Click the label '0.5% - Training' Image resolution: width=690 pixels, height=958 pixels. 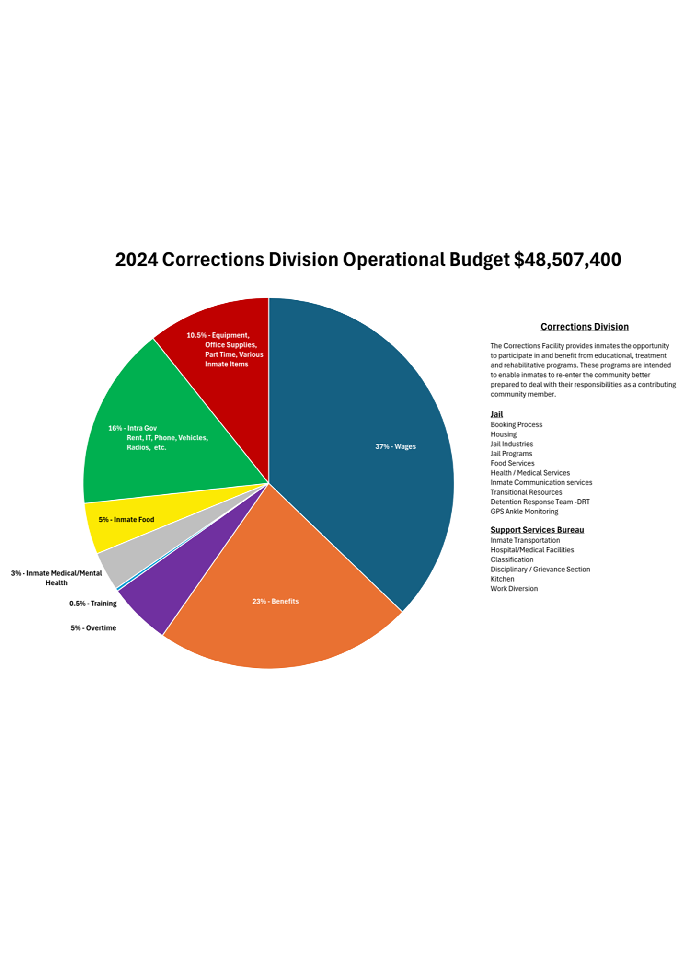[93, 604]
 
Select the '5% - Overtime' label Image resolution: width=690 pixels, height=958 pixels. [93, 628]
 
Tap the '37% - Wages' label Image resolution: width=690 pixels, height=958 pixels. [395, 446]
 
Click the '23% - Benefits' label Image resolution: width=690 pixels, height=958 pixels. [276, 601]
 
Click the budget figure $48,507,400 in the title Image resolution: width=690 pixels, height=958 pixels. [567, 260]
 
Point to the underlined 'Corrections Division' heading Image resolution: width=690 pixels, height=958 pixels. [585, 327]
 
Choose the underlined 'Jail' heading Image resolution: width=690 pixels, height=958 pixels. [496, 414]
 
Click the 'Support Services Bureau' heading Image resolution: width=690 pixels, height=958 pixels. [537, 530]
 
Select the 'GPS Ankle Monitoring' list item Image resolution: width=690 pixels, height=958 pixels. [524, 512]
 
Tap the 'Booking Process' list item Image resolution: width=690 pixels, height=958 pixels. [516, 425]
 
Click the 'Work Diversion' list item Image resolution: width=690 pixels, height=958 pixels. [514, 589]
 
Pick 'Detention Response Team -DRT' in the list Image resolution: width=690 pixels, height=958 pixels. [540, 502]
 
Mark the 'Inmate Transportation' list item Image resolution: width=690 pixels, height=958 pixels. [525, 540]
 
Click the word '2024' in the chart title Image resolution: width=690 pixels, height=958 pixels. [137, 260]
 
